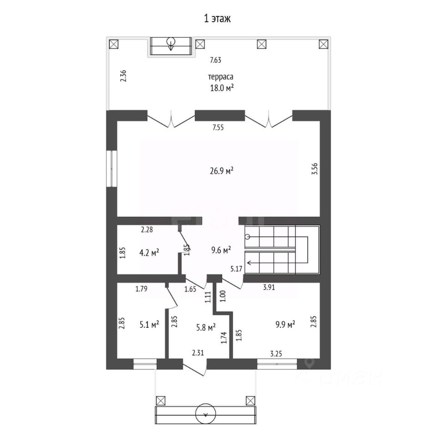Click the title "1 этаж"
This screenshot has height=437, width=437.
click(218, 19)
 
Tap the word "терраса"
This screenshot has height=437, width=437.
click(221, 76)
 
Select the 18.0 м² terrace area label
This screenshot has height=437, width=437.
click(222, 88)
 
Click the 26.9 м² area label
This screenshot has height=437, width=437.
click(222, 171)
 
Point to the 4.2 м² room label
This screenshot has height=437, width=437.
click(149, 253)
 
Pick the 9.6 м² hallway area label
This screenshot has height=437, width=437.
click(221, 250)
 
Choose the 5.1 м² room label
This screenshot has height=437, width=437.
click(149, 325)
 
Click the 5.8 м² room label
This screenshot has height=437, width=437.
click(206, 327)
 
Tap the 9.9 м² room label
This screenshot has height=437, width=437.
click(285, 325)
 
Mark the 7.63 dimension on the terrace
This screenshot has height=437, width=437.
click(215, 60)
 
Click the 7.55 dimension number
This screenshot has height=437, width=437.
click(218, 127)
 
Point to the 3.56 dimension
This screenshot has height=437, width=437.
click(315, 169)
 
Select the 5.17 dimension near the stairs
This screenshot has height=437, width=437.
click(236, 269)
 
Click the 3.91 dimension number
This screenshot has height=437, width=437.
click(269, 287)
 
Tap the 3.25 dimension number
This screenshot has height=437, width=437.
click(276, 354)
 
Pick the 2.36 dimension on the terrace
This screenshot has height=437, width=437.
click(123, 76)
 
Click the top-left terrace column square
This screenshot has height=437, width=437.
click(113, 44)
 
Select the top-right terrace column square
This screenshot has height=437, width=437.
click(323, 44)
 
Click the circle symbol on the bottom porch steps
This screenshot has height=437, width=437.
click(206, 414)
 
